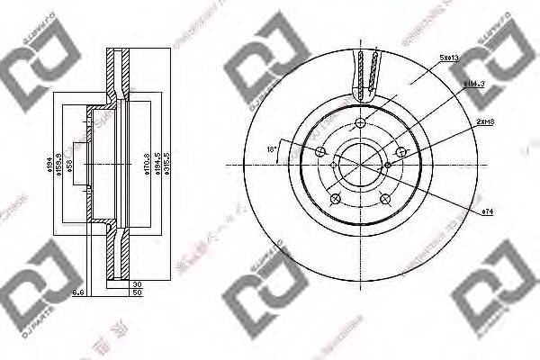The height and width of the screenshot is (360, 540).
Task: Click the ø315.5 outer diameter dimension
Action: pos(169,165)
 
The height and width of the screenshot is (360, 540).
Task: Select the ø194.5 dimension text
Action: pos(157,165)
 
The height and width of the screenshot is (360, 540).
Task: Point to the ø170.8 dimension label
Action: pos(146,165)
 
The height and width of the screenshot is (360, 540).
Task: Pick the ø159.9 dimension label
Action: pos(59,165)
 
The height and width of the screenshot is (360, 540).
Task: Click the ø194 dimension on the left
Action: pos(49,165)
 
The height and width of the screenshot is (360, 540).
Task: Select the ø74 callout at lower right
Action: pos(488,211)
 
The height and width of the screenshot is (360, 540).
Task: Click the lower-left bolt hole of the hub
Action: pos(335,199)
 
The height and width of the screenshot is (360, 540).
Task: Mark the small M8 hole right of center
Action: pos(387,165)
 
